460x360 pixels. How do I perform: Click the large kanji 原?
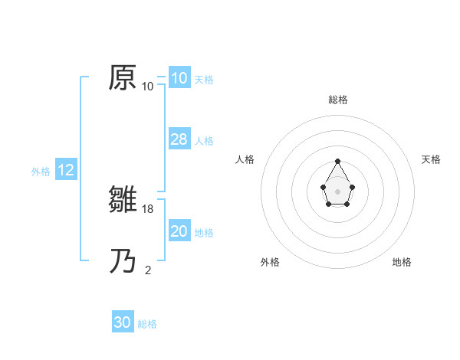coord(123,78)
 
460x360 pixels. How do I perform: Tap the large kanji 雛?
coord(123,201)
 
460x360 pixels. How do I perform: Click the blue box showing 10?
coord(179,78)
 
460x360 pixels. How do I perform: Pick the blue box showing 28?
coord(179,139)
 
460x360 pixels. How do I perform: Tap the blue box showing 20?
coord(179,231)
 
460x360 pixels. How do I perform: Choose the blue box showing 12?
coord(66,171)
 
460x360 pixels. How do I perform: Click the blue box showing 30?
coord(123,322)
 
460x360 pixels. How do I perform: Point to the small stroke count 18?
coord(149,208)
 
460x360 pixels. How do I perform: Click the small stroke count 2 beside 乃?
coord(148,270)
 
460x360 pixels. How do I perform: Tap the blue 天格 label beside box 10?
coord(204,79)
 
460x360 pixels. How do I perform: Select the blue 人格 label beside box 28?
coord(204,140)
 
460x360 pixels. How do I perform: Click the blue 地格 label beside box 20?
coord(204,232)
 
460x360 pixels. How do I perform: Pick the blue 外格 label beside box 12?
coord(41,172)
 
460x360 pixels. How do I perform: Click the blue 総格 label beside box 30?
coord(147,324)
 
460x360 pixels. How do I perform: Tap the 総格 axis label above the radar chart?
coord(338,100)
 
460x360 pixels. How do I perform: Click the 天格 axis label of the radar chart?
coord(431,159)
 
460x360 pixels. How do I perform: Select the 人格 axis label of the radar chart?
coord(245,159)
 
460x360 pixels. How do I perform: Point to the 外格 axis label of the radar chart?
coord(270,262)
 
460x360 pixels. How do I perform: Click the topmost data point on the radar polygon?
coord(338,162)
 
